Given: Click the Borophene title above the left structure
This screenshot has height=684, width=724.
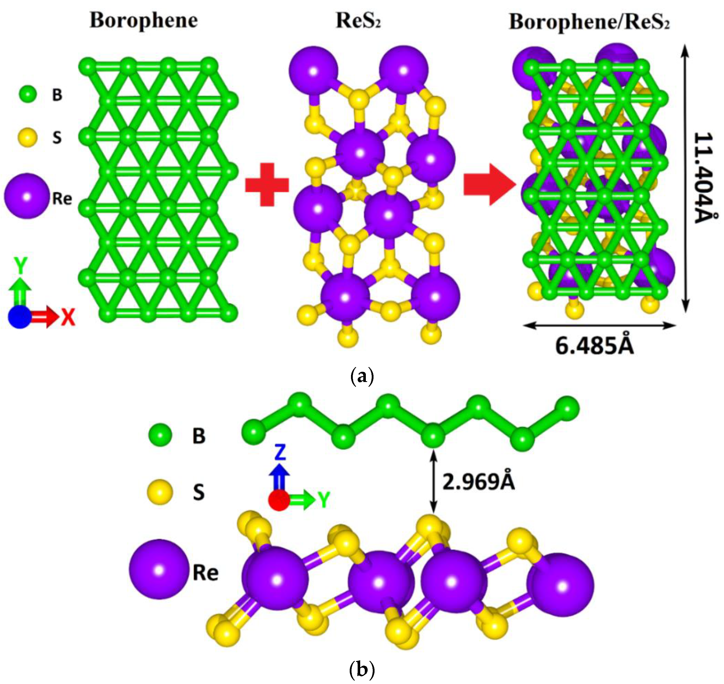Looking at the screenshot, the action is pos(144,21).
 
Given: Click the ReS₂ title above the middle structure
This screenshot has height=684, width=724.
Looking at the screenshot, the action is pos(358,21).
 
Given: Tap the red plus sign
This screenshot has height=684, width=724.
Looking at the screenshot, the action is pos(267,184).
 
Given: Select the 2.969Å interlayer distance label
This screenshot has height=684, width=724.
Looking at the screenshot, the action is pos(478,483).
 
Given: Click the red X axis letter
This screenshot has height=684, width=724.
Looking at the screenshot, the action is pos(68,317).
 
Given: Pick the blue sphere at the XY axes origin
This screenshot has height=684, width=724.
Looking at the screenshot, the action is pos(20,317).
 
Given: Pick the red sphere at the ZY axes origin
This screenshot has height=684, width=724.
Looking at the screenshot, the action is pos(279,500).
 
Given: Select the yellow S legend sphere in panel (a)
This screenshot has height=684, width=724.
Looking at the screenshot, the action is pos(28,138).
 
